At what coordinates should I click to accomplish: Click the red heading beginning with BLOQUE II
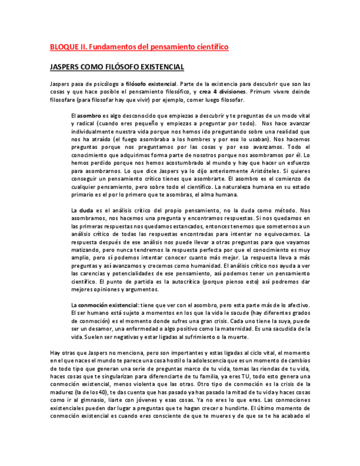pyautogui.click(x=139, y=47)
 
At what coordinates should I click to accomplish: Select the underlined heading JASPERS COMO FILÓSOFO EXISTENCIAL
pyautogui.click(x=117, y=67)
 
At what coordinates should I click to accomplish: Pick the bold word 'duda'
pyautogui.click(x=86, y=210)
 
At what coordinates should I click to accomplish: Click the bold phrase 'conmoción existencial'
pyautogui.click(x=108, y=306)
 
